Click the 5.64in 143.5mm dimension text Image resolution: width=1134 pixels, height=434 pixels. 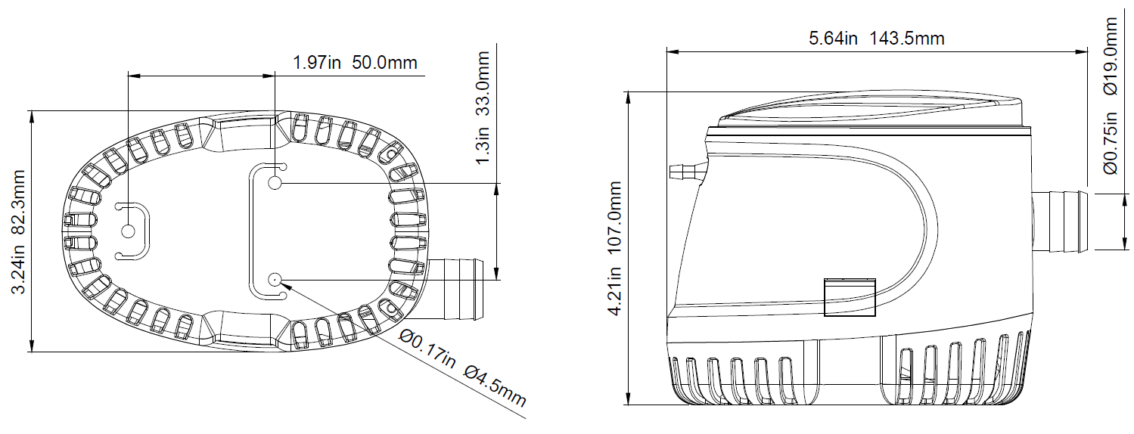(x=876, y=39)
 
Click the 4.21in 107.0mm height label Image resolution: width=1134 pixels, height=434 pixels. (x=614, y=248)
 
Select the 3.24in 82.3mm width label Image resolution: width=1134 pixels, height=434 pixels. (x=18, y=231)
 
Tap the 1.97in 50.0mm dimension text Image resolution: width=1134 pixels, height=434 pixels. (x=355, y=63)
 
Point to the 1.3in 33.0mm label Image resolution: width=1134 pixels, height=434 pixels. (x=483, y=107)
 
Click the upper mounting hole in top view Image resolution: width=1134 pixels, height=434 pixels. (x=275, y=183)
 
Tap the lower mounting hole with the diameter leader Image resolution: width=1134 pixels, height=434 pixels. (x=275, y=279)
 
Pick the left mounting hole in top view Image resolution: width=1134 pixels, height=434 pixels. (x=129, y=231)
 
